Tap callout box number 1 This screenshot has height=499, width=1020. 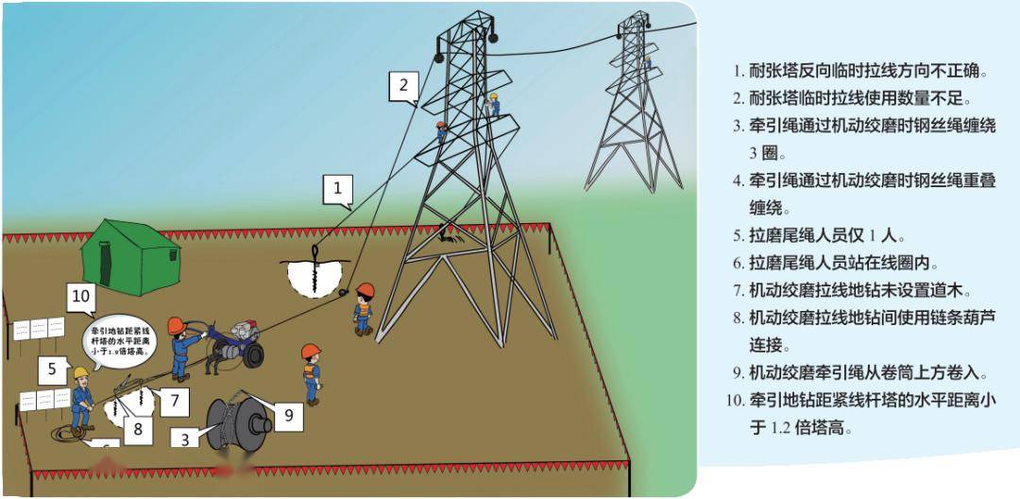coord(337,188)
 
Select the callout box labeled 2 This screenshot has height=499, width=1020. coord(403,86)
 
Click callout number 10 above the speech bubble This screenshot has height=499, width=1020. coord(82,300)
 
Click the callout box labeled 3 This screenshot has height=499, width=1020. coord(185,439)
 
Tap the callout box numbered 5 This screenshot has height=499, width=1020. coord(53,369)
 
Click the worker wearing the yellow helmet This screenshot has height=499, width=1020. coord(81,397)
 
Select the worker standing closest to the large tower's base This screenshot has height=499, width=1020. coord(363,306)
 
